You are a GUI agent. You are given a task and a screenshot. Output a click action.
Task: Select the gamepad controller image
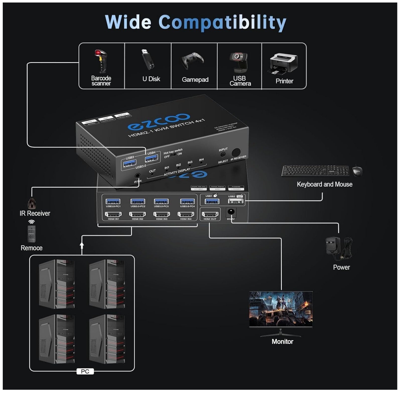click(192, 61)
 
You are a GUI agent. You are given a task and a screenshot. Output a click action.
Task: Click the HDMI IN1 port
click(113, 215)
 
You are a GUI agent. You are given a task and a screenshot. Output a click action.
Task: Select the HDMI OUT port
click(210, 215)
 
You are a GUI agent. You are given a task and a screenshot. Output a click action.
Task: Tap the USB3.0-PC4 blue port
click(187, 201)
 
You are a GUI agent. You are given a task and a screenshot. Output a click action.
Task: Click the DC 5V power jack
click(231, 212)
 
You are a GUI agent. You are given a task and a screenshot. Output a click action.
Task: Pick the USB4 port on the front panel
click(151, 158)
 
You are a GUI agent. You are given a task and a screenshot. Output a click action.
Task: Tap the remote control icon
click(31, 234)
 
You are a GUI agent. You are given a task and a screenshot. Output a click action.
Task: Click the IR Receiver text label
click(35, 213)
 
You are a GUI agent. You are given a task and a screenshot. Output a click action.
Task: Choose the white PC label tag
click(85, 371)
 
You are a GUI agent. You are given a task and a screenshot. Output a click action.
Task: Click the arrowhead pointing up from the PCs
click(82, 244)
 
